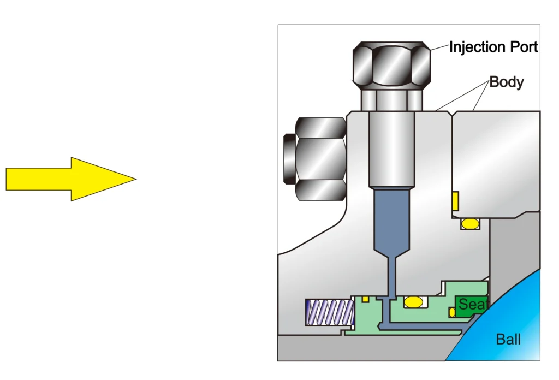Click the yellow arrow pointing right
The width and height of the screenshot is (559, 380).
click(71, 179)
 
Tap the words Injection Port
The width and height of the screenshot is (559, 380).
click(493, 48)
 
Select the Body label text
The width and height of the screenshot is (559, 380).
click(506, 82)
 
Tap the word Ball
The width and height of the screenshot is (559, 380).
click(508, 340)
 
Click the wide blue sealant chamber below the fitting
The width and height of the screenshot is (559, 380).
click(391, 218)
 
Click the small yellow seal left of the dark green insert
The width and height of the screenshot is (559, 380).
click(452, 312)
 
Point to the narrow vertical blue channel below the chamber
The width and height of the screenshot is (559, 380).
click(391, 278)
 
